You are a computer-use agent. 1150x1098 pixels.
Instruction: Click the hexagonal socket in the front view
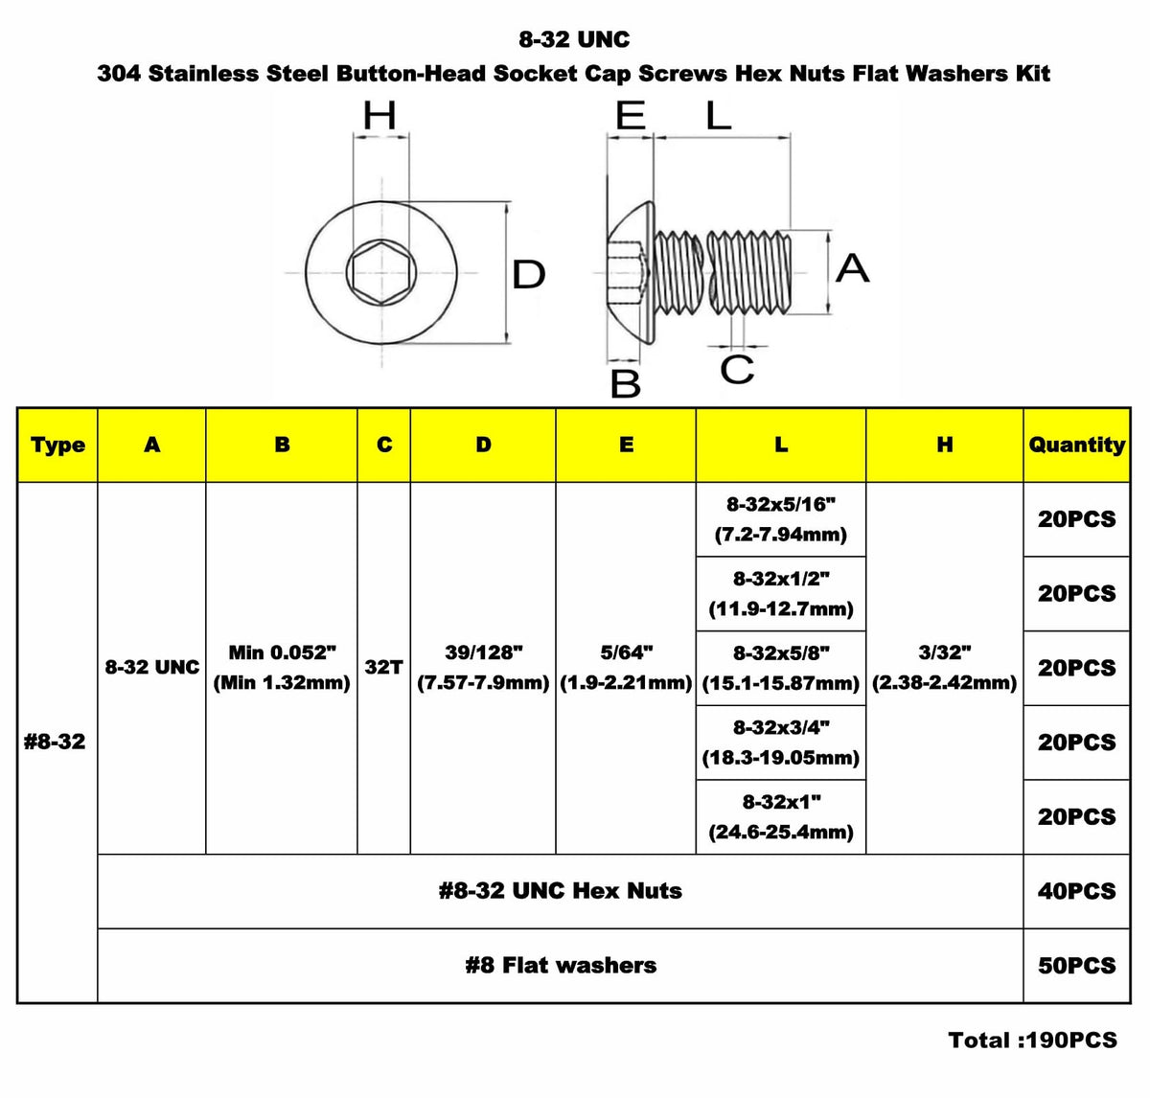[x=381, y=272]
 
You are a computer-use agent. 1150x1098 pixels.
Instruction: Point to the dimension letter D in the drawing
[x=528, y=275]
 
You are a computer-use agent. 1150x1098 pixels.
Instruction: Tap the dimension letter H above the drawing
[x=379, y=116]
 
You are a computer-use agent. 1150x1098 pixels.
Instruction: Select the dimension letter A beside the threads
[x=852, y=268]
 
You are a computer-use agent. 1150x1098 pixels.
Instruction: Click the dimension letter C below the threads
[x=737, y=370]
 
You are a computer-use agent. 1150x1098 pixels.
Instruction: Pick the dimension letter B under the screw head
[x=625, y=383]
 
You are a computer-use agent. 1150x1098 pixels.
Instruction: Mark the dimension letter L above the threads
[x=719, y=116]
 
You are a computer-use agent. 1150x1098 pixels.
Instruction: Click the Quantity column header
[x=1077, y=445]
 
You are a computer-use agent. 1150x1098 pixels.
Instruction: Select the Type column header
[x=57, y=445]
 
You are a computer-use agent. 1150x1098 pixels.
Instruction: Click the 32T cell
[x=383, y=668]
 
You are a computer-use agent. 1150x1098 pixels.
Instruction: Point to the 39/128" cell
[x=483, y=668]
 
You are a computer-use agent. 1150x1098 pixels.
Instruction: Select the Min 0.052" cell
[x=282, y=668]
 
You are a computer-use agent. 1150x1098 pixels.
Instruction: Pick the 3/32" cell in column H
[x=944, y=668]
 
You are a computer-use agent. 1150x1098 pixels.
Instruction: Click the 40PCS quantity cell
[x=1077, y=891]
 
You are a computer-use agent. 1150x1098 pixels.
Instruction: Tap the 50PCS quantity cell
[x=1077, y=966]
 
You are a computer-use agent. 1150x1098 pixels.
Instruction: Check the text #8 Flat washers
[x=561, y=966]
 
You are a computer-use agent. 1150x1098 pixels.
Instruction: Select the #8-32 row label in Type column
[x=55, y=742]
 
